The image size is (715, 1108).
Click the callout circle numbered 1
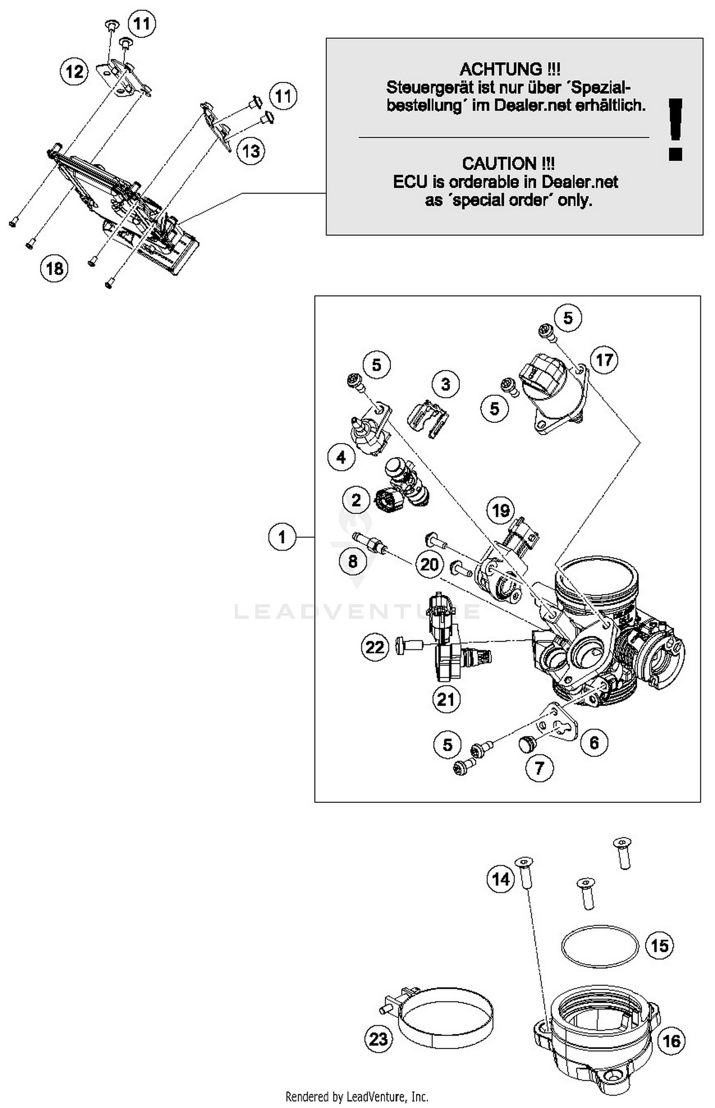(x=282, y=537)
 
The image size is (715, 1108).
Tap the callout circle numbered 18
(x=54, y=268)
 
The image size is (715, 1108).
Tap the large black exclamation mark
(x=675, y=129)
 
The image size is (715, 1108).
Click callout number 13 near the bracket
(x=251, y=151)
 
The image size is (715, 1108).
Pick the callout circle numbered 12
(x=74, y=72)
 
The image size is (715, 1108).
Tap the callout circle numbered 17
(x=604, y=360)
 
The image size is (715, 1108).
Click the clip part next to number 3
(x=428, y=418)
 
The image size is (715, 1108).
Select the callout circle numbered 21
(x=446, y=699)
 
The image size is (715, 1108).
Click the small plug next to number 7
(x=527, y=743)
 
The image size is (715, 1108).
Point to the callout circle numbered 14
(x=501, y=879)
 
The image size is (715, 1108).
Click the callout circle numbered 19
(x=500, y=510)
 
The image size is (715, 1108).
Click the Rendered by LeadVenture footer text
(x=357, y=1097)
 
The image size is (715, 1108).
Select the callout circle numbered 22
(x=375, y=647)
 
